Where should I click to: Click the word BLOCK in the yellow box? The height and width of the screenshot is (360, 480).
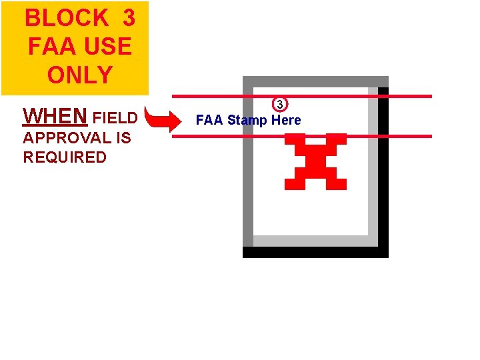click(67, 18)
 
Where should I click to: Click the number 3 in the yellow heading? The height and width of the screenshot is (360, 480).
click(129, 18)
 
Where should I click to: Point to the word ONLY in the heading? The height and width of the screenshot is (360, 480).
click(79, 75)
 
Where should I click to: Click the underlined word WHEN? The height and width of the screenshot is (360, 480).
click(55, 117)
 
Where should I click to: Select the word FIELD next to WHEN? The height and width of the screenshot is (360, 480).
click(115, 118)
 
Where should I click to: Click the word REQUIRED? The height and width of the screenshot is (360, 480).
click(65, 157)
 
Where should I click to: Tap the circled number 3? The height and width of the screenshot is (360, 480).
click(280, 105)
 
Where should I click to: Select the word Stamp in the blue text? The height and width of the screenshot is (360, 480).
click(247, 120)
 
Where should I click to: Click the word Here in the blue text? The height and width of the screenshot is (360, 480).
click(286, 120)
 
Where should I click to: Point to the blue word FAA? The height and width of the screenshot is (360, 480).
click(209, 120)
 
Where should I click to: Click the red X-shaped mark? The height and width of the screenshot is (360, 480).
click(315, 161)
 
